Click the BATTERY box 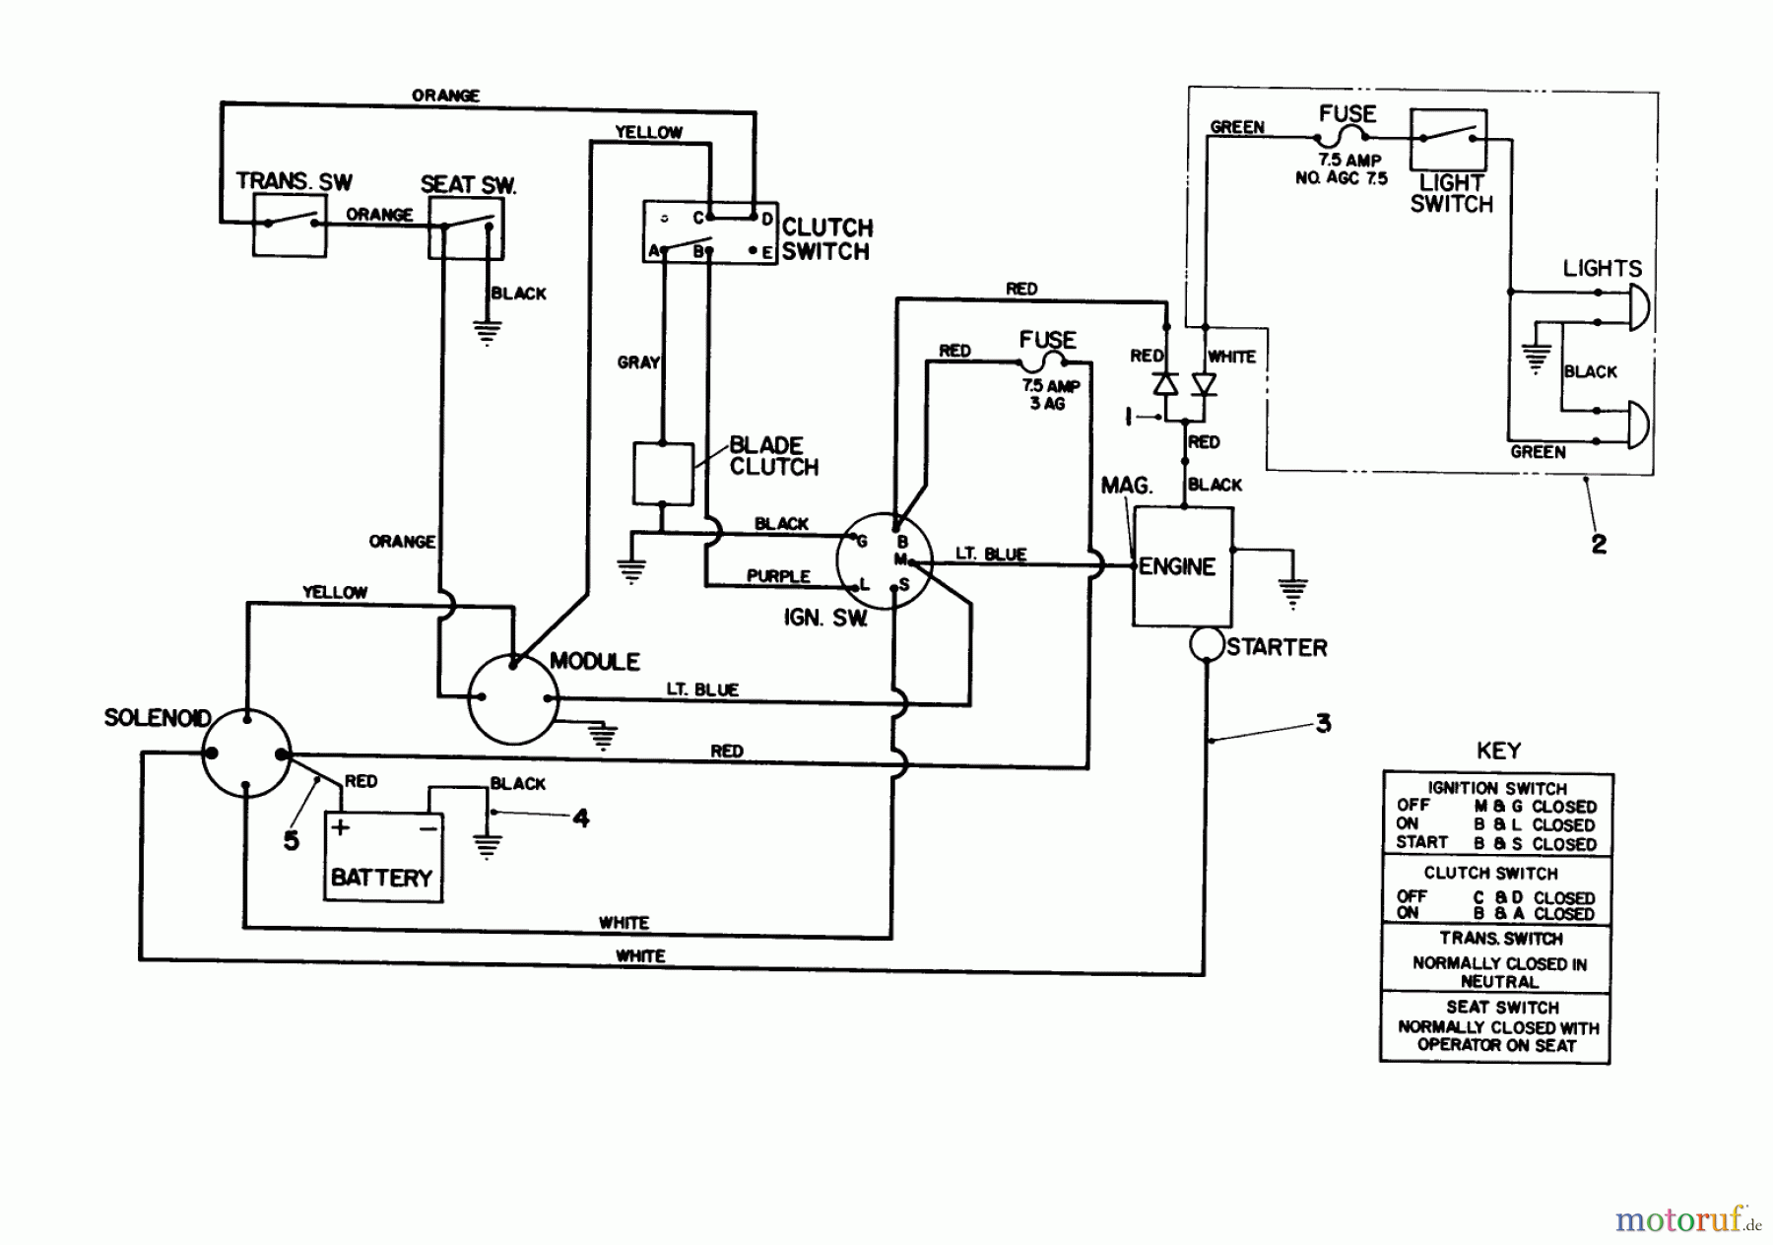(383, 856)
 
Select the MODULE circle (512, 698)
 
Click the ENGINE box (1182, 566)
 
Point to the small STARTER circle (1207, 645)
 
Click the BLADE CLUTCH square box (662, 473)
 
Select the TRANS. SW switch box (290, 225)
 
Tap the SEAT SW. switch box (466, 229)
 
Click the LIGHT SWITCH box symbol (1448, 140)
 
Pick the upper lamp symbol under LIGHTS (1638, 306)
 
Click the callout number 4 (581, 818)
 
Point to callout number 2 (1599, 543)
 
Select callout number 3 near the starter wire (1323, 724)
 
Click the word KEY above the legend (1498, 751)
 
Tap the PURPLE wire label (778, 576)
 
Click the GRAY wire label (638, 362)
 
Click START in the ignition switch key (1421, 843)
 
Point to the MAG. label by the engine (1127, 486)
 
